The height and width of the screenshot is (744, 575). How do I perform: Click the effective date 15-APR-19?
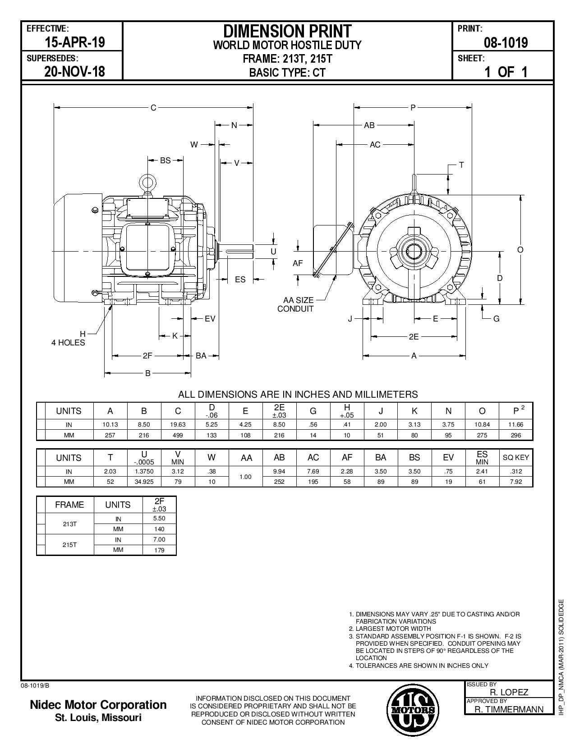[74, 42]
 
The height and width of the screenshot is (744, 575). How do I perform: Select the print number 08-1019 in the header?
[506, 43]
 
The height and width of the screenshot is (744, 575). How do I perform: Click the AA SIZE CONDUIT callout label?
[295, 304]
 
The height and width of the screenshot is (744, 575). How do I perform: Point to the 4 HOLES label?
[68, 343]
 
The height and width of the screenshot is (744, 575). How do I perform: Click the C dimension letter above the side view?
[153, 108]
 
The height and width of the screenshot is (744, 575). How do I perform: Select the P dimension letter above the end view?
[413, 108]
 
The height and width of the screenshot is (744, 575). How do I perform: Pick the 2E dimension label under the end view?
[414, 336]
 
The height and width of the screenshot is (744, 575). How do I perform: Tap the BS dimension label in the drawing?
[166, 160]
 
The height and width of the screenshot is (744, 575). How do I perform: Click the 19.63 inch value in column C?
[178, 425]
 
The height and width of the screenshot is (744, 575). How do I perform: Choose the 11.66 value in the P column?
[516, 425]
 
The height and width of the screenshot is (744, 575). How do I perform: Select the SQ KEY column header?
[515, 458]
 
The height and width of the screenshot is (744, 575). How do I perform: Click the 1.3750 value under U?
[144, 472]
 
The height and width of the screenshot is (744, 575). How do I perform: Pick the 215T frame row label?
[69, 545]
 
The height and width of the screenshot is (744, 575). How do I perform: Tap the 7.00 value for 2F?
[159, 540]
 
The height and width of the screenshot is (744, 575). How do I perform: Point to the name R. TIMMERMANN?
[509, 709]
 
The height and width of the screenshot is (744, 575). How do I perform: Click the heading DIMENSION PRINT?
[287, 31]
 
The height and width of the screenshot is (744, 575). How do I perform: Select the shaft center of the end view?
[414, 251]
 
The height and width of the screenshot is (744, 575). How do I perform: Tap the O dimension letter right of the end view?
[520, 250]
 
